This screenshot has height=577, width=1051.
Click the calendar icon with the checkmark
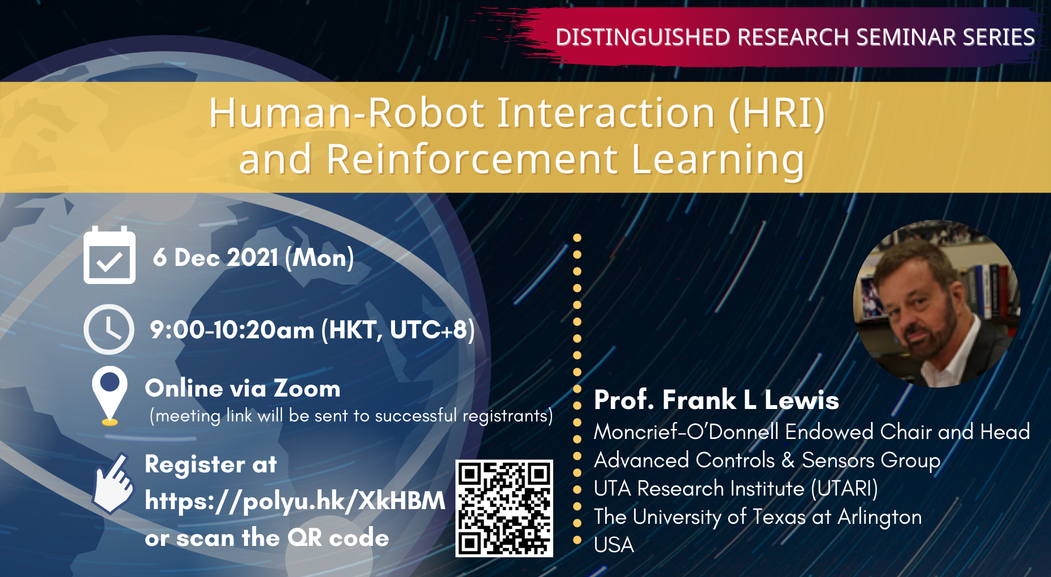pyautogui.click(x=110, y=256)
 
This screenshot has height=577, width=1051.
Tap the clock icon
pyautogui.click(x=109, y=329)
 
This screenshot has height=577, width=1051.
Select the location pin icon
pyautogui.click(x=110, y=394)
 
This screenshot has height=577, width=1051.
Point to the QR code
pyautogui.click(x=504, y=508)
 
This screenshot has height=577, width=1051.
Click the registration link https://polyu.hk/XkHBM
pyautogui.click(x=295, y=501)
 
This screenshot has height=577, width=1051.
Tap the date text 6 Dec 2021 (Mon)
pyautogui.click(x=253, y=258)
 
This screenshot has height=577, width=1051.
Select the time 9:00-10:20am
pyautogui.click(x=232, y=330)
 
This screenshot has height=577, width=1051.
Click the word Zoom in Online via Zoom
pyautogui.click(x=307, y=389)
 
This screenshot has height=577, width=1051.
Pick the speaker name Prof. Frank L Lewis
pyautogui.click(x=716, y=400)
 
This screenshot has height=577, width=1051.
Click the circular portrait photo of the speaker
pyautogui.click(x=936, y=304)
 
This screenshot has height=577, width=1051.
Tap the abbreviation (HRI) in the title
pyautogui.click(x=777, y=113)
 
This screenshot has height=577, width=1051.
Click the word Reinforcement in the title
pyautogui.click(x=472, y=159)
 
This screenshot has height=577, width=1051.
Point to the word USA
pyautogui.click(x=614, y=545)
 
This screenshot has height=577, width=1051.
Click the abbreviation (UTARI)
pyautogui.click(x=844, y=488)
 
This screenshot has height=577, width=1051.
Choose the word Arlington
pyautogui.click(x=879, y=516)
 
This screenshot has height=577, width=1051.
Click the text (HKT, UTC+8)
pyautogui.click(x=398, y=330)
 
